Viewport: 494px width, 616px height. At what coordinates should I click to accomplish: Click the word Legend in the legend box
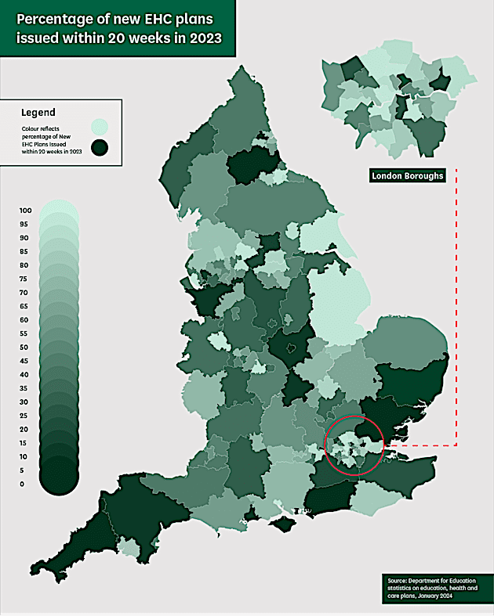tap(38, 112)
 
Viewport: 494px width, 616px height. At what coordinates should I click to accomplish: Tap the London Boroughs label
tap(407, 176)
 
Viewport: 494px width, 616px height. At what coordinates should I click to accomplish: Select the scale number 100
tap(25, 211)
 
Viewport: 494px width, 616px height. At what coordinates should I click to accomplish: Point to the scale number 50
tap(25, 347)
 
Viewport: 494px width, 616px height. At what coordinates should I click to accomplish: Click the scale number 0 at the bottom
tap(22, 484)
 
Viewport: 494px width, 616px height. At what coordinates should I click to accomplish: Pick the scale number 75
tap(25, 279)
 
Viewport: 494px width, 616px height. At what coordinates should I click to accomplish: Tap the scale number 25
tap(25, 416)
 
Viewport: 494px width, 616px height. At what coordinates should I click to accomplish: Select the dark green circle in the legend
tap(100, 146)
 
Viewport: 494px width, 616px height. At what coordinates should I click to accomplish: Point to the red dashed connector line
tap(456, 313)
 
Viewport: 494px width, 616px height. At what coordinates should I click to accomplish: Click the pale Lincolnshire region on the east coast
tap(337, 305)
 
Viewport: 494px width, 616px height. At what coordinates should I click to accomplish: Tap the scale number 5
tap(24, 470)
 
